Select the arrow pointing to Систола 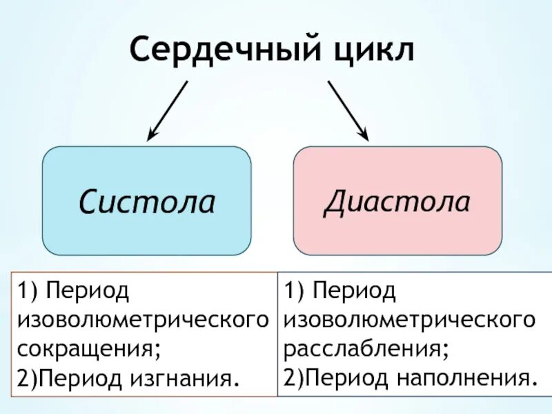(168, 110)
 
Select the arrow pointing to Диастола (348, 110)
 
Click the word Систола (146, 201)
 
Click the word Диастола (397, 201)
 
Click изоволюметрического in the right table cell (410, 320)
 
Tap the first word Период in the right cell (355, 291)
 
